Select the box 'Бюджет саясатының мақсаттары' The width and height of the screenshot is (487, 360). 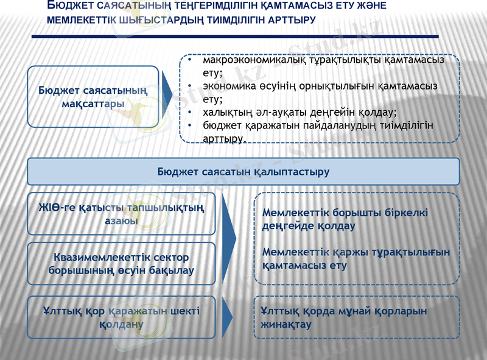93,96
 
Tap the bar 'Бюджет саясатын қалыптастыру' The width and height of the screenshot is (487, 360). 243,172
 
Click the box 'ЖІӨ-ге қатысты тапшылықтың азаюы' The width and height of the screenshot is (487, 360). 121,214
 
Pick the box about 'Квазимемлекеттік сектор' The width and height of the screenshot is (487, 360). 121,264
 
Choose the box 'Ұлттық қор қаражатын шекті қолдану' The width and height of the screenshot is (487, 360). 121,317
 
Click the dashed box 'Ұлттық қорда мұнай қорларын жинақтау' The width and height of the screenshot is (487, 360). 356,317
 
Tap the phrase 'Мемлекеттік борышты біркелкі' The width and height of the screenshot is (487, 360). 345,213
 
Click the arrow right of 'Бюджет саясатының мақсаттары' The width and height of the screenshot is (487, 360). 167,96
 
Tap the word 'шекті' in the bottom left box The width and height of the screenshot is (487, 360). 184,311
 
